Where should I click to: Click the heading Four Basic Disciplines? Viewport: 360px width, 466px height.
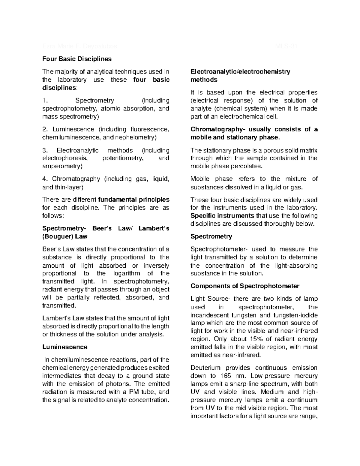click(x=77, y=59)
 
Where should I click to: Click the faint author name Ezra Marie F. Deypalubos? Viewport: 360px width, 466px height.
click(x=79, y=47)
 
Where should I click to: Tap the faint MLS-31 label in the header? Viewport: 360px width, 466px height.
click(x=286, y=47)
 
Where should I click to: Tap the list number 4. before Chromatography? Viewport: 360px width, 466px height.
click(x=45, y=179)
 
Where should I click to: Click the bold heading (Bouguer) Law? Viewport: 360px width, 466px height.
click(x=65, y=236)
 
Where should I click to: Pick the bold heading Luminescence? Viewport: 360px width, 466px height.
click(x=65, y=347)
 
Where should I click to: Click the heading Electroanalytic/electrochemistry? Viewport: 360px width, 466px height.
click(x=240, y=72)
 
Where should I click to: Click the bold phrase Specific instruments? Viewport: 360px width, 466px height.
click(x=222, y=216)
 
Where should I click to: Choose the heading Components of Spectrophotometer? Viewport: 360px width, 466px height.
click(x=245, y=286)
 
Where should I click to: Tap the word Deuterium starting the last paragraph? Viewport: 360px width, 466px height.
click(x=205, y=368)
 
